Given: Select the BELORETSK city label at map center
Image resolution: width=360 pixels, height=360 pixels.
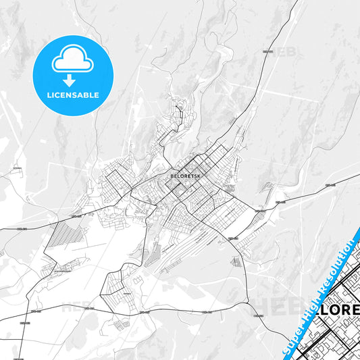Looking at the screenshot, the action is pyautogui.click(x=185, y=176).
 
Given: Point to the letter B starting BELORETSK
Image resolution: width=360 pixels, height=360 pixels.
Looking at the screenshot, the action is pyautogui.click(x=172, y=176).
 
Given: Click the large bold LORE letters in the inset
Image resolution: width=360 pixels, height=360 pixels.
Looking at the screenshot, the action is pyautogui.click(x=340, y=294).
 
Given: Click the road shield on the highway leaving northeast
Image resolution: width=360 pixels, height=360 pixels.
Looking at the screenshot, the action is pyautogui.click(x=267, y=51).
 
